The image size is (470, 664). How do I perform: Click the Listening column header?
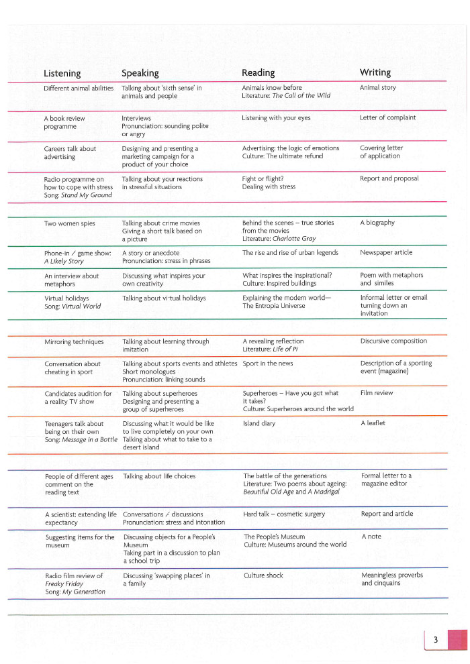tap(62, 73)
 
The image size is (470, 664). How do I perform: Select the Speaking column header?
tap(140, 73)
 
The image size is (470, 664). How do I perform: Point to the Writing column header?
tap(375, 72)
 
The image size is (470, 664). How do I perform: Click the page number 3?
tap(435, 641)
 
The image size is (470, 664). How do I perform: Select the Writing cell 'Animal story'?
tap(378, 88)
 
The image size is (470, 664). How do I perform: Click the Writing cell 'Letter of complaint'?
tap(387, 118)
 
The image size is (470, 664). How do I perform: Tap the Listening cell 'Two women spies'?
tap(70, 223)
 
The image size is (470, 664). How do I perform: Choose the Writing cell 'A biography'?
tap(377, 223)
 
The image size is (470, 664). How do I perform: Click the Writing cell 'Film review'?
tap(377, 393)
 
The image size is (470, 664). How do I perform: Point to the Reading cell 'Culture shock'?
tap(263, 575)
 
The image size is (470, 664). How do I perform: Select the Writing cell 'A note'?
tap(371, 537)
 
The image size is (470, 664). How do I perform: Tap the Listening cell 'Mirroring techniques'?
tap(74, 341)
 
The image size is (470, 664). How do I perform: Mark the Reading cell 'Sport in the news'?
tap(268, 364)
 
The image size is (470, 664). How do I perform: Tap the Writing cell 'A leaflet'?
tap(373, 424)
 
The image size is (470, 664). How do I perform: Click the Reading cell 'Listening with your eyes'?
tap(276, 118)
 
